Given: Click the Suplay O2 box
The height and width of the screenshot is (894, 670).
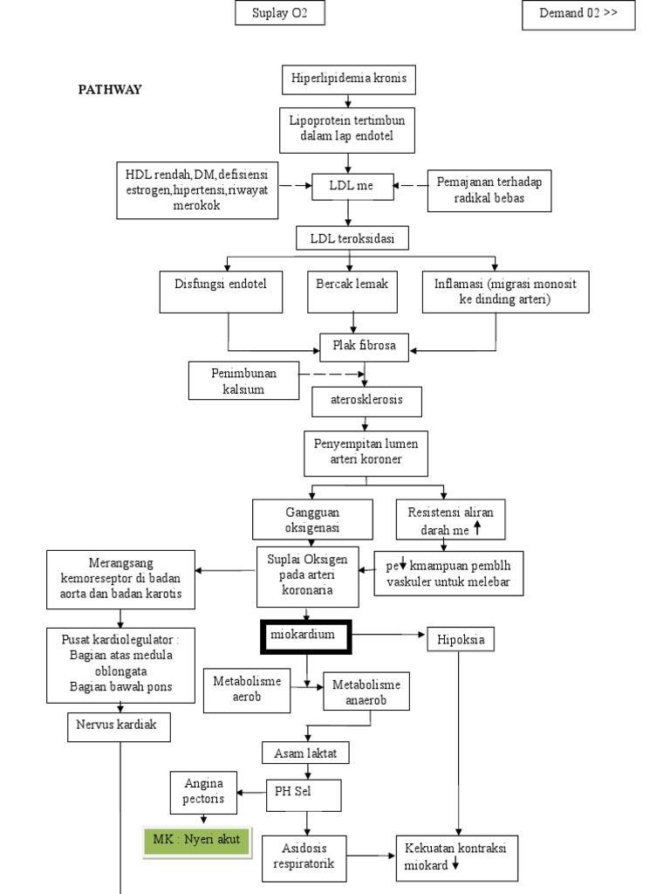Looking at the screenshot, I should (x=279, y=14).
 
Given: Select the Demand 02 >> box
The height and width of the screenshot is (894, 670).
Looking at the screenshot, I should (x=578, y=15).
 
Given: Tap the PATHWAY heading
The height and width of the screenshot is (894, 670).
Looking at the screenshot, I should (x=110, y=89).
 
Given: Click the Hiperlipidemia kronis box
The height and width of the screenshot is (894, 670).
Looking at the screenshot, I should (x=348, y=80).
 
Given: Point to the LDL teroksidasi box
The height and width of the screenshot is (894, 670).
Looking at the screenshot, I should (x=348, y=238).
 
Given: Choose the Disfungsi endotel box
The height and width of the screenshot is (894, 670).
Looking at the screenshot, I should (x=221, y=292).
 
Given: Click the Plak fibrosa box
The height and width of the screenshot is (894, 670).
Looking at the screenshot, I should (x=365, y=346).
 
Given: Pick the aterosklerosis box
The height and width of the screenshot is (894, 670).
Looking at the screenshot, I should (x=368, y=401).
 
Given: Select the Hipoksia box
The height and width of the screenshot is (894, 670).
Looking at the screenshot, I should (x=460, y=640).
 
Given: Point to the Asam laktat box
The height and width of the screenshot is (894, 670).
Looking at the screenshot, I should (x=305, y=752).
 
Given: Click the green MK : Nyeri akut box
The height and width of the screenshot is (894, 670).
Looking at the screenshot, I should (x=196, y=841).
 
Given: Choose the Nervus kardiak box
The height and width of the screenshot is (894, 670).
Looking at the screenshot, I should (x=118, y=726).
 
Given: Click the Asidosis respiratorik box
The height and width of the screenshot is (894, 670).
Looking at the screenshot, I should (x=306, y=856).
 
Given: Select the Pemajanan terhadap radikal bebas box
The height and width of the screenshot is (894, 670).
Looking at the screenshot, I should (x=489, y=189).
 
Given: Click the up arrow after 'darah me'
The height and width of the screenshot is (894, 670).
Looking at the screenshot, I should (x=477, y=529).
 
